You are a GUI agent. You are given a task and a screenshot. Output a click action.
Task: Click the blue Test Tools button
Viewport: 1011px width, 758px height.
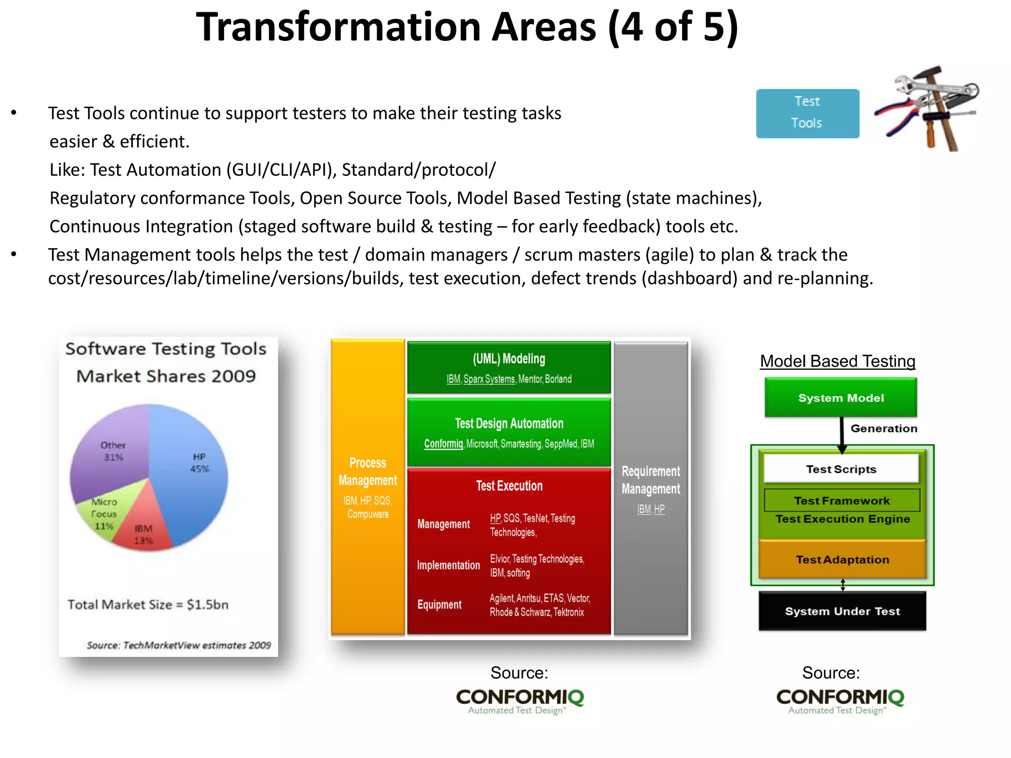coord(807,113)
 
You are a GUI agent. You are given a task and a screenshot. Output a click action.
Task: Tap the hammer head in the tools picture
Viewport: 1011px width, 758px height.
coord(927,74)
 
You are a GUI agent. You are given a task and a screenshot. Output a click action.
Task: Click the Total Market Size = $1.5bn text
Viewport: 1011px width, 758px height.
coord(148,605)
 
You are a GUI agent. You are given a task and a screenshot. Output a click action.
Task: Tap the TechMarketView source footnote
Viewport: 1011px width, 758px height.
coord(179,645)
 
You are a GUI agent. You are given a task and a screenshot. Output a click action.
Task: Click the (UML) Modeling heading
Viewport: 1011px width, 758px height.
coord(509,359)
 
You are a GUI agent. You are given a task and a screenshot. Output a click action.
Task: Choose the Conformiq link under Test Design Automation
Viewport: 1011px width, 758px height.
coord(443,444)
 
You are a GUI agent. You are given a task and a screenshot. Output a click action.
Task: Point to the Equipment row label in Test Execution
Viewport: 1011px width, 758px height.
coord(439,605)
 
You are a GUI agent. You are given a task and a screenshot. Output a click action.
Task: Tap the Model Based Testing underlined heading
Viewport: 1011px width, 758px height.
coord(837,361)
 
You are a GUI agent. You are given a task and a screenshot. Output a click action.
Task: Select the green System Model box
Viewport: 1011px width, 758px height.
coord(841,398)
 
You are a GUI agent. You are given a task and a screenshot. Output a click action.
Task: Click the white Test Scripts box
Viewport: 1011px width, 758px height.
coord(841,469)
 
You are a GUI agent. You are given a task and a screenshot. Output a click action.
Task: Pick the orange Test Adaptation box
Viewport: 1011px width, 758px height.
coord(842,560)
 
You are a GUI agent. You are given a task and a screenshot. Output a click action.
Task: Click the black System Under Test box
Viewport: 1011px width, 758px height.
coord(842,611)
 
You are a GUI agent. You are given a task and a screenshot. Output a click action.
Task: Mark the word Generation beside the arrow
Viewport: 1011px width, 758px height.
coord(884,428)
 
